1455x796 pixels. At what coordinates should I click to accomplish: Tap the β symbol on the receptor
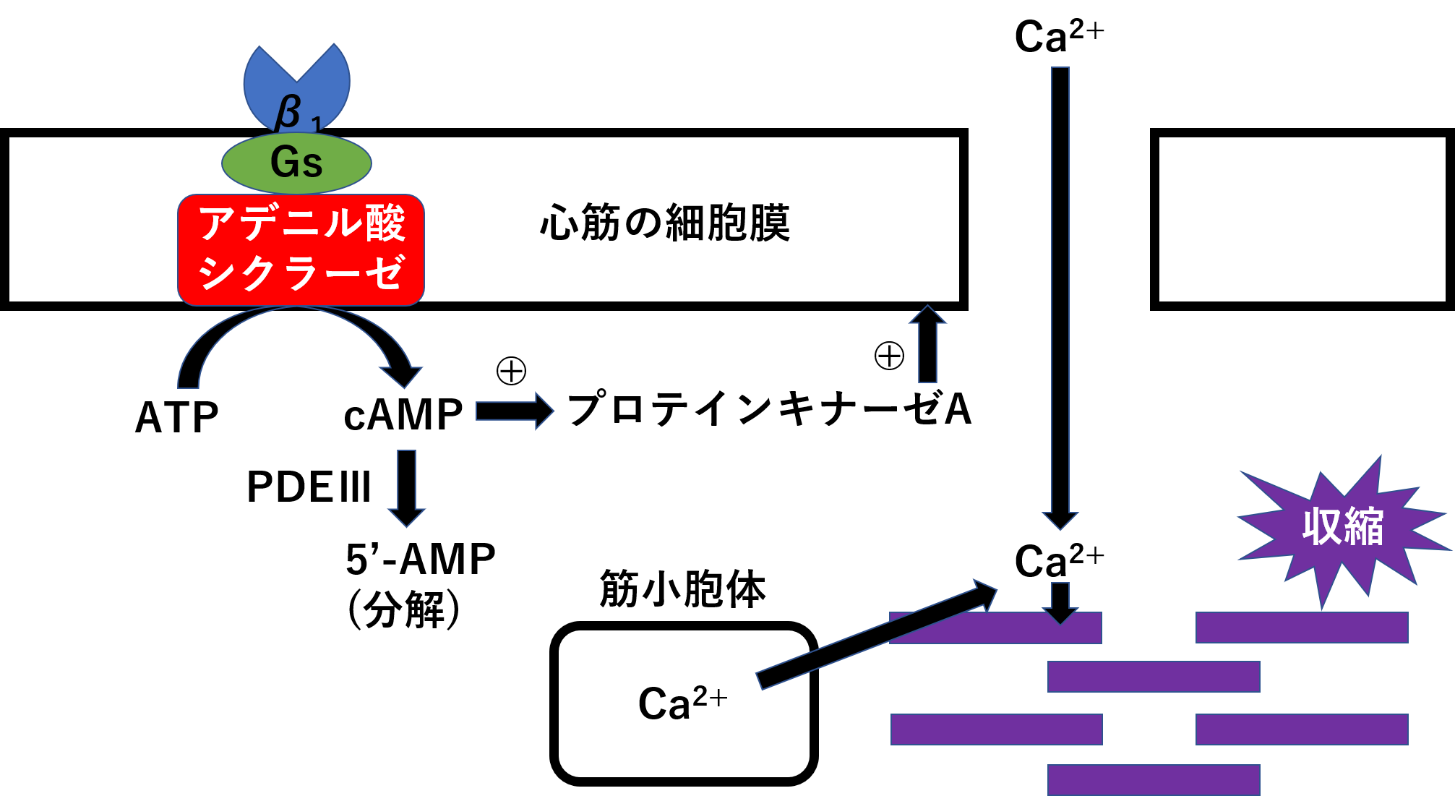pos(288,114)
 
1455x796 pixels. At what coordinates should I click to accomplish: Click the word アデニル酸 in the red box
pos(301,223)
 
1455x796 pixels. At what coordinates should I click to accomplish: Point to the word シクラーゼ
pos(301,273)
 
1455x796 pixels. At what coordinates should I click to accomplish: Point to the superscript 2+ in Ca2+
pos(710,697)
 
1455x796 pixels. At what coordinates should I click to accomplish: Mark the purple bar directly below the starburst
pos(1302,628)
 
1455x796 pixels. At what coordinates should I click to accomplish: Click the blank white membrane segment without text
pos(1302,219)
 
